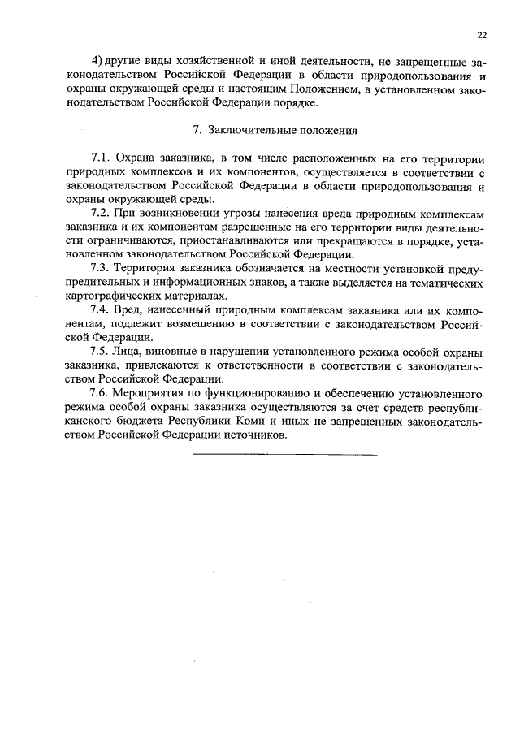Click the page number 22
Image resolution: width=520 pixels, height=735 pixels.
pos(482,35)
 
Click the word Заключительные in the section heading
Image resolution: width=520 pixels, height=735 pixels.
pos(247,129)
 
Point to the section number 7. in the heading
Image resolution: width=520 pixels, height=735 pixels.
pos(195,129)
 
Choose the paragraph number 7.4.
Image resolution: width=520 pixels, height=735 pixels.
pos(100,310)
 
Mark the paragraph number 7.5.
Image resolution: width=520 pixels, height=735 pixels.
pos(100,352)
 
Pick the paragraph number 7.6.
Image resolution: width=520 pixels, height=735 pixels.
pos(100,393)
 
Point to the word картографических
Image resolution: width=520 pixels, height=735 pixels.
pos(111,296)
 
